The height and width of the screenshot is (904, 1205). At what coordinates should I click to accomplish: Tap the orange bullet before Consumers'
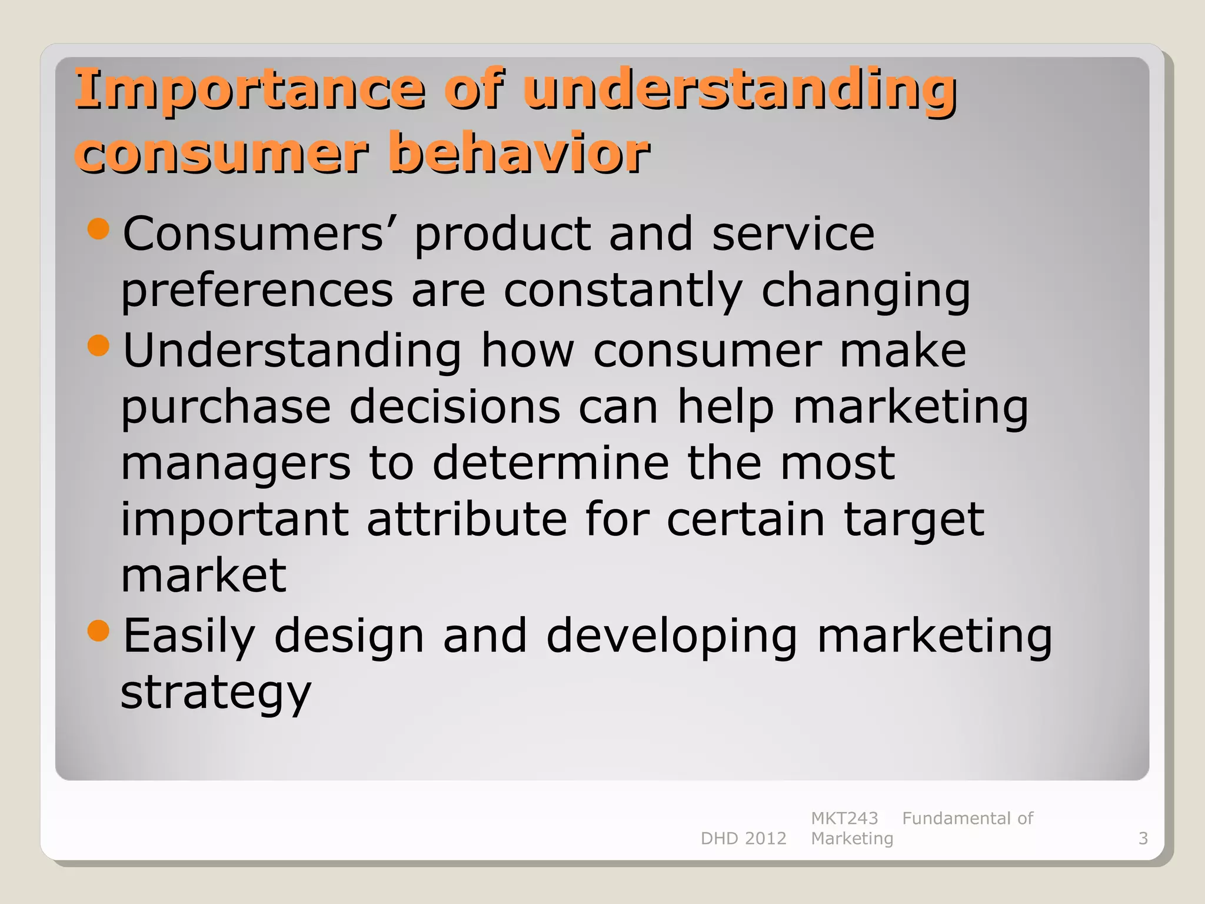(98, 229)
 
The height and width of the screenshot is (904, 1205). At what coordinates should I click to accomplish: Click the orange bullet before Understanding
(98, 345)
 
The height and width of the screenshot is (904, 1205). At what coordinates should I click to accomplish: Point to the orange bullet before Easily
(98, 631)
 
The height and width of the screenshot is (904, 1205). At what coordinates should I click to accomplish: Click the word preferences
(257, 291)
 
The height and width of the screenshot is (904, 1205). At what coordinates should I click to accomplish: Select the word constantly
(623, 291)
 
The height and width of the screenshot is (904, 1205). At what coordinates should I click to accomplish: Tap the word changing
(866, 291)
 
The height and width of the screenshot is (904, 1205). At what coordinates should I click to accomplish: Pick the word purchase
(226, 407)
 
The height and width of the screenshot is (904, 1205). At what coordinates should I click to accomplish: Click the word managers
(236, 463)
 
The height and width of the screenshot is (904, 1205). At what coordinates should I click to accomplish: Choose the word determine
(551, 463)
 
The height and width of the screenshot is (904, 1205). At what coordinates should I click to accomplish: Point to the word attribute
(467, 519)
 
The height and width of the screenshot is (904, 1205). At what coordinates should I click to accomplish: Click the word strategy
(215, 693)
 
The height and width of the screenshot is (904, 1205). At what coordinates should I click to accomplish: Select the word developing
(671, 636)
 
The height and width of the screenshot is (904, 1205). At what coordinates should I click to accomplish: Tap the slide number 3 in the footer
(1143, 838)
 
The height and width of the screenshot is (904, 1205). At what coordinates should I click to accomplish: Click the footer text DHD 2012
(743, 838)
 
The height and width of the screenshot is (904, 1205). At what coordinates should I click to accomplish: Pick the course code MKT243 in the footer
(844, 818)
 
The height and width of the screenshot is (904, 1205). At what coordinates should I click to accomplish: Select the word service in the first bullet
(793, 234)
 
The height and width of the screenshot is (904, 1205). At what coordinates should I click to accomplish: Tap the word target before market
(914, 520)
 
